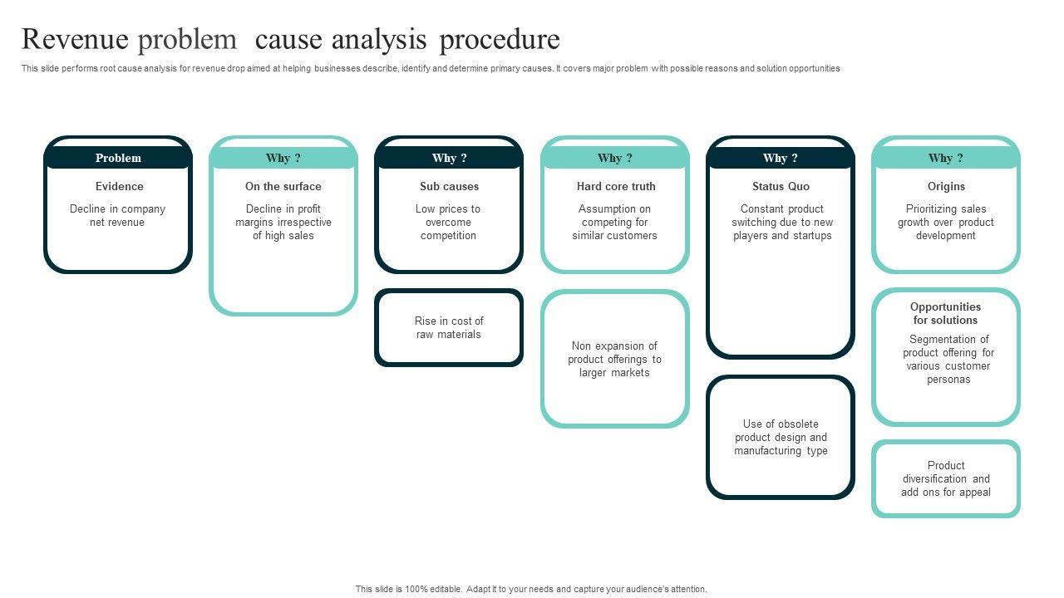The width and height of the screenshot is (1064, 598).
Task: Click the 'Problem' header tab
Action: (x=118, y=158)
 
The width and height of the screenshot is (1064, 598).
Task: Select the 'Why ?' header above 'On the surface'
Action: (x=283, y=158)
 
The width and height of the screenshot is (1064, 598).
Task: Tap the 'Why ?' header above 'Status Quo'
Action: (x=781, y=158)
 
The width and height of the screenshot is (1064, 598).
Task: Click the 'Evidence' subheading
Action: (x=119, y=186)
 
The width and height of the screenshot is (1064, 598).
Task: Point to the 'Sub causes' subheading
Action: (x=449, y=186)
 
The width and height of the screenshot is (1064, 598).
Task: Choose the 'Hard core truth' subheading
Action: (x=616, y=186)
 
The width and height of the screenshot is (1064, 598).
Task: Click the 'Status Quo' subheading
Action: (x=781, y=186)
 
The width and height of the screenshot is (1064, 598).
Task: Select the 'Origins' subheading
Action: (x=946, y=186)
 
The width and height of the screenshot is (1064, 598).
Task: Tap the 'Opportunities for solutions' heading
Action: (x=945, y=313)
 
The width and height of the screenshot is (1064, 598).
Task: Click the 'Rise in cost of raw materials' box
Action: (x=449, y=327)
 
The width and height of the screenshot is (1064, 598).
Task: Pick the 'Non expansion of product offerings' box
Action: (x=615, y=359)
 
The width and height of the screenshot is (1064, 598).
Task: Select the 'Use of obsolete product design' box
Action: (x=781, y=437)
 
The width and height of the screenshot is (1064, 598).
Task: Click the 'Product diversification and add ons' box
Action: (x=946, y=478)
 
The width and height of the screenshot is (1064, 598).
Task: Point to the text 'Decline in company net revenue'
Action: (x=117, y=215)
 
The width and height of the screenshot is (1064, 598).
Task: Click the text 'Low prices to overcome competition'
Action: (x=448, y=222)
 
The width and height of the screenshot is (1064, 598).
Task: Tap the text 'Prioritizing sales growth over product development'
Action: (x=946, y=222)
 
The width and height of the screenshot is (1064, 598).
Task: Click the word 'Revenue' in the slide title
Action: (x=75, y=39)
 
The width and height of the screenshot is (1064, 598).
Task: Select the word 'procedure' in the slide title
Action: (x=500, y=39)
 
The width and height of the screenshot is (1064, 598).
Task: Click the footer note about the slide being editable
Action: (x=531, y=589)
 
